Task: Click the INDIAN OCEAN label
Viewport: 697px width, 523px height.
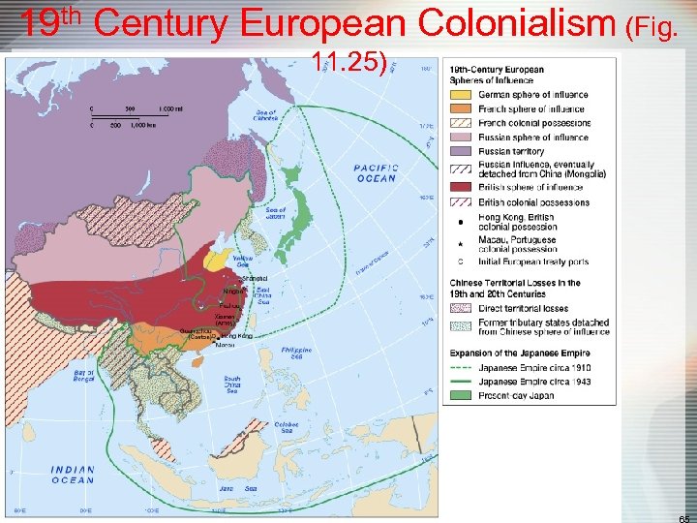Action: (x=73, y=475)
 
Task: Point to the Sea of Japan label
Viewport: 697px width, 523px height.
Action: (x=274, y=215)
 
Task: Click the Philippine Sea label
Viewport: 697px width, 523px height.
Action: (x=297, y=352)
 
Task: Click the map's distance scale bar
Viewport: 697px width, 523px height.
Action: (x=131, y=116)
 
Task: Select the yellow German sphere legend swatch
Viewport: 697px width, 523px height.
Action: (x=462, y=95)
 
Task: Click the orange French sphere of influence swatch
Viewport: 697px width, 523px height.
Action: (x=462, y=108)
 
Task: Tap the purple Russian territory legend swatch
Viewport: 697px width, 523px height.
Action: (x=462, y=151)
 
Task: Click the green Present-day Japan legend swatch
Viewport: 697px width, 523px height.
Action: (x=462, y=395)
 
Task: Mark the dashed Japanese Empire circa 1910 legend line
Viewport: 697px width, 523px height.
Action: (x=462, y=368)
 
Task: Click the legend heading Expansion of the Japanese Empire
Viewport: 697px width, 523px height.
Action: (x=520, y=354)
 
